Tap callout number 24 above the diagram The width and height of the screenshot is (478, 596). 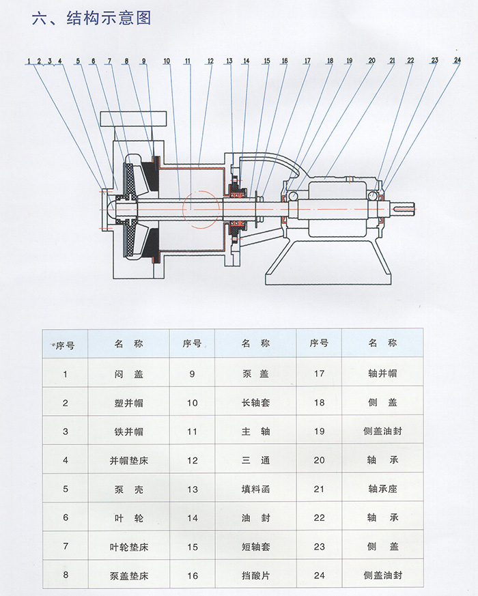[x=457, y=60]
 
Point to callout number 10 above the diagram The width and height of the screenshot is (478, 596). [x=167, y=61]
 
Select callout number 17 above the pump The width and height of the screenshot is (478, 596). [x=307, y=61]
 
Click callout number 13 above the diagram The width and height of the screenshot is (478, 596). [x=229, y=61]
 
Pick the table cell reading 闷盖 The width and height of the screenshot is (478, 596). [x=129, y=373]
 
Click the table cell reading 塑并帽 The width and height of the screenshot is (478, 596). [x=129, y=402]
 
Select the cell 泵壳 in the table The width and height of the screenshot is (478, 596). [x=129, y=489]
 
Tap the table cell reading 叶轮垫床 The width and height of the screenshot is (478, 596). [x=129, y=546]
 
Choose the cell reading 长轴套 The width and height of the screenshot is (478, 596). [x=256, y=402]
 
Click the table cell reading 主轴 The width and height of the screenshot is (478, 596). [x=256, y=431]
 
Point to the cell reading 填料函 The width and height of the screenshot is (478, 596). [x=256, y=489]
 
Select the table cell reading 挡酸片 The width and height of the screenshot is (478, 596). [x=256, y=576]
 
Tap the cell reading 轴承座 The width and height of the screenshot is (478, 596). [x=382, y=489]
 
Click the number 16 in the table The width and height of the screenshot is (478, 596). [x=193, y=576]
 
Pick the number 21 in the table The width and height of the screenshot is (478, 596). [x=319, y=489]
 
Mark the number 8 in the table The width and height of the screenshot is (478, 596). [x=66, y=576]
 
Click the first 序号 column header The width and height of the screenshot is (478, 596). [x=66, y=344]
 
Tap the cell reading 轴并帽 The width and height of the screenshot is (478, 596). [x=382, y=373]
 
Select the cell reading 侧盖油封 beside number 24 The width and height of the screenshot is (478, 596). [x=382, y=576]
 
